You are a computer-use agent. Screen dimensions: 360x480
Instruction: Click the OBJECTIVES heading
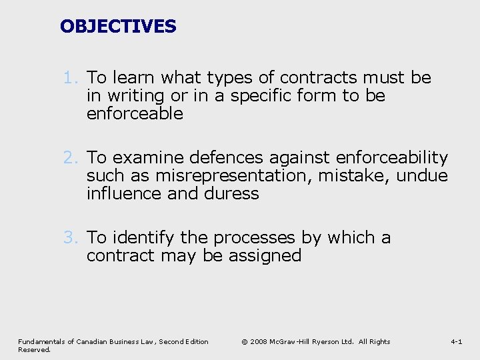coord(118,27)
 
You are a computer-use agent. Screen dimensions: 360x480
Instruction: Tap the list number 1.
coord(71,78)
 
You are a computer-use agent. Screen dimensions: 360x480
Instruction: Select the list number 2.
coord(71,158)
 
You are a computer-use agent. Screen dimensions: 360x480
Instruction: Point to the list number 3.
coord(71,238)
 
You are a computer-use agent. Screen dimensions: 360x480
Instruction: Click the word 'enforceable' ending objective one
coord(135,114)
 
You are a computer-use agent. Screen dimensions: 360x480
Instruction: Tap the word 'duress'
coord(232,194)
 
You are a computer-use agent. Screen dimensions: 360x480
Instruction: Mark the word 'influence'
coord(124,194)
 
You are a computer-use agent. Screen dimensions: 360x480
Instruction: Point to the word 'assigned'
coord(265,256)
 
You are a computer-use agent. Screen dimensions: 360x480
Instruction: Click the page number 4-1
coord(457,342)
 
